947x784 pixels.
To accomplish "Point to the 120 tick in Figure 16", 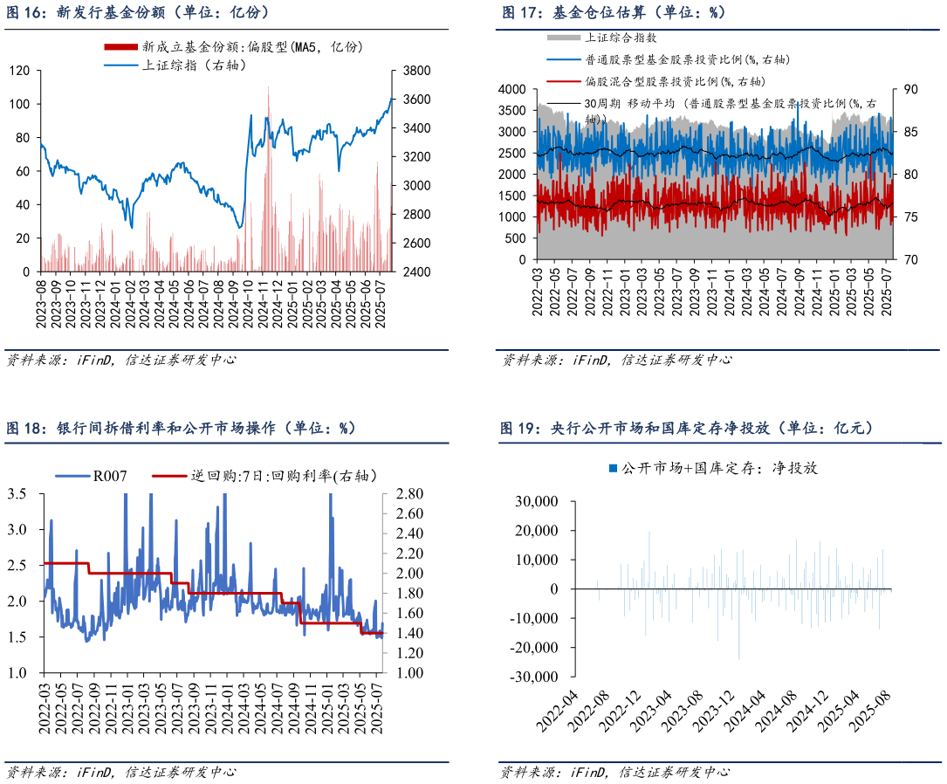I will coord(20,71).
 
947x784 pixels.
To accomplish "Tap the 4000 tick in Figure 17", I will coord(512,89).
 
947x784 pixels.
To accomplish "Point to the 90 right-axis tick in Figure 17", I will coord(909,89).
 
